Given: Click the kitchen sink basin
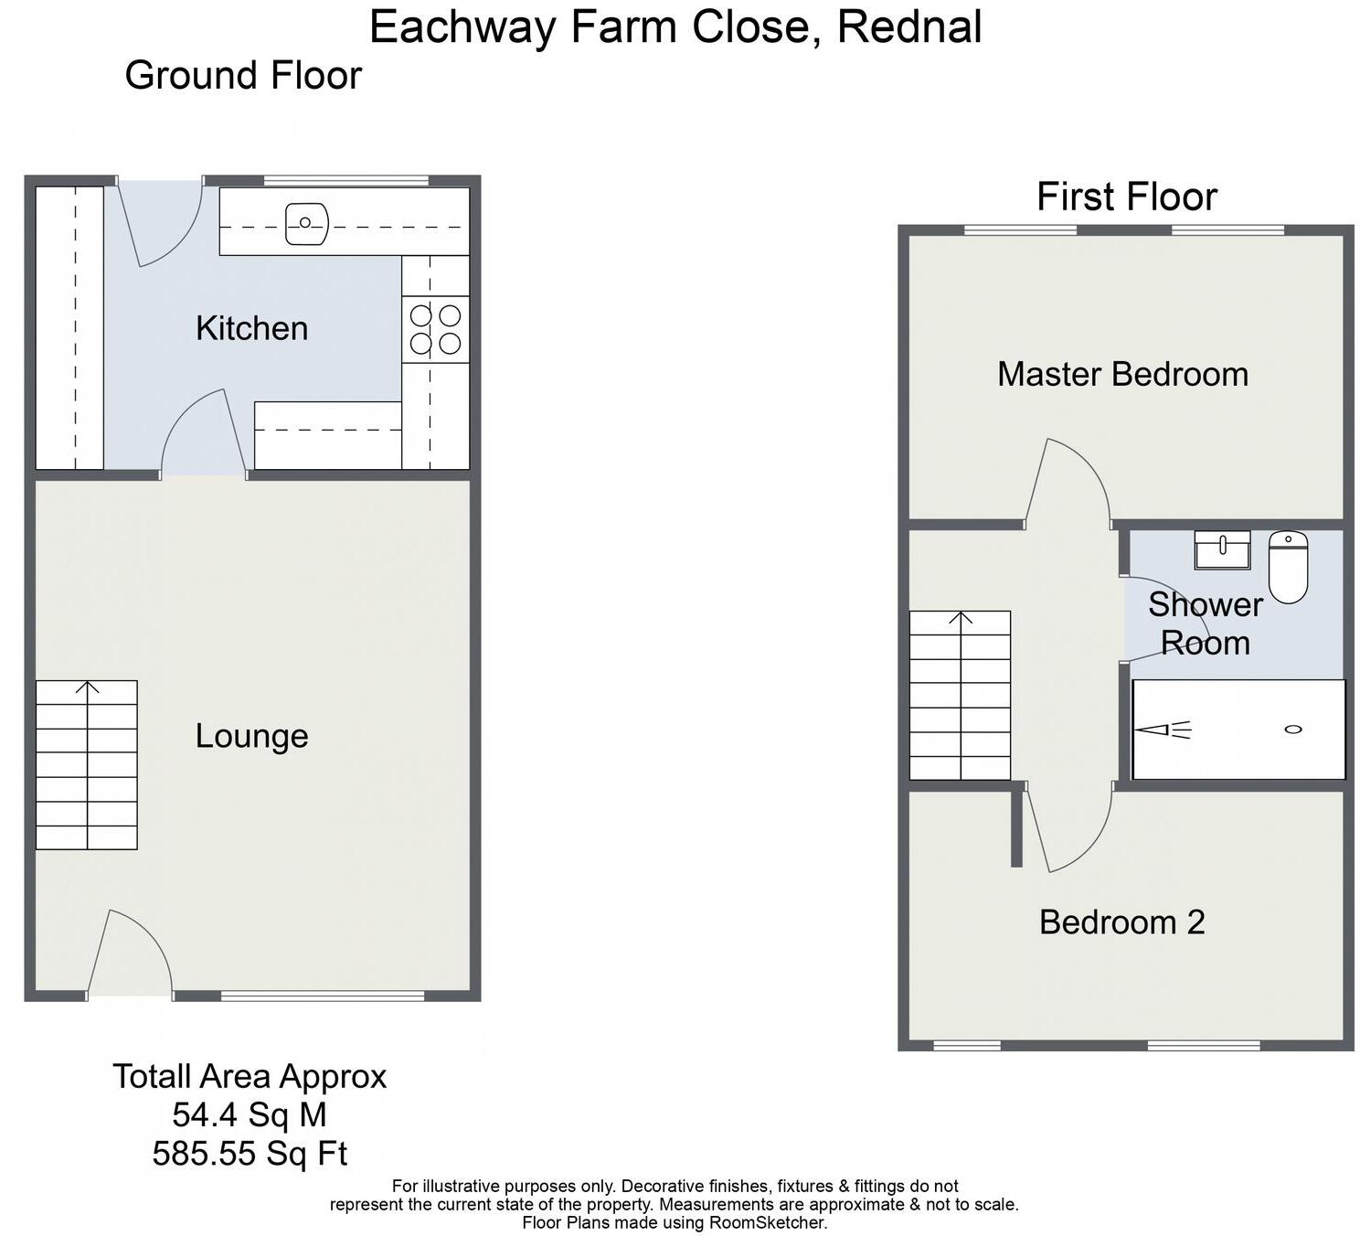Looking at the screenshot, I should (306, 223).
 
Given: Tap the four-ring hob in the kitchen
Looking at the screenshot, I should (435, 329).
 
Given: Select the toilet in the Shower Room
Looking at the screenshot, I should (1287, 567).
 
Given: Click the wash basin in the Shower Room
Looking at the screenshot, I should (1222, 549).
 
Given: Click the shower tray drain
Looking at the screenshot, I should (1292, 729).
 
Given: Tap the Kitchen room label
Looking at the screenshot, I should (251, 328).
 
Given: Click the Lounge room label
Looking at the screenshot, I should (251, 736).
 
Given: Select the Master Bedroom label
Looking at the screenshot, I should (1122, 374).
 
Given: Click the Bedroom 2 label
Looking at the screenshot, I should (1121, 922).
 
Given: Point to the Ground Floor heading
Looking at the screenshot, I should (243, 75).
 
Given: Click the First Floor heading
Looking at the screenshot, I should (1126, 197).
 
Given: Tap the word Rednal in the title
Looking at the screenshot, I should (908, 27).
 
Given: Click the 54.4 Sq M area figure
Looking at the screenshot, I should (250, 1114).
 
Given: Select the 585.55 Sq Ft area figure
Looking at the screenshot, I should (250, 1154).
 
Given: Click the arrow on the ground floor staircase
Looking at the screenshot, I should (88, 687).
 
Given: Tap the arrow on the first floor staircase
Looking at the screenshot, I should (961, 618).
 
